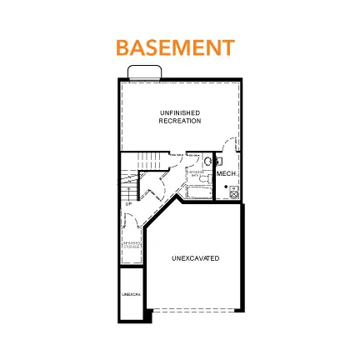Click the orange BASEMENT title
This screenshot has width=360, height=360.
coord(175,46)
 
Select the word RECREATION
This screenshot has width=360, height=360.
coord(180,121)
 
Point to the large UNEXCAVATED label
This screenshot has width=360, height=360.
coord(196,258)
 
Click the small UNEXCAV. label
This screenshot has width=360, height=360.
coord(129,294)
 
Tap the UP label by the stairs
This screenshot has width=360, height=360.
coord(129,203)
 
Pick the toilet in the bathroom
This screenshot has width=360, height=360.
coord(209,162)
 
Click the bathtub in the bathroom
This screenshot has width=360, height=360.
coord(197,194)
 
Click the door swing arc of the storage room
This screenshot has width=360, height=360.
coord(128,221)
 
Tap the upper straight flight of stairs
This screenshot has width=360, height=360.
coord(149,159)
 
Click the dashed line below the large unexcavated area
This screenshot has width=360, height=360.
coord(195,310)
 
